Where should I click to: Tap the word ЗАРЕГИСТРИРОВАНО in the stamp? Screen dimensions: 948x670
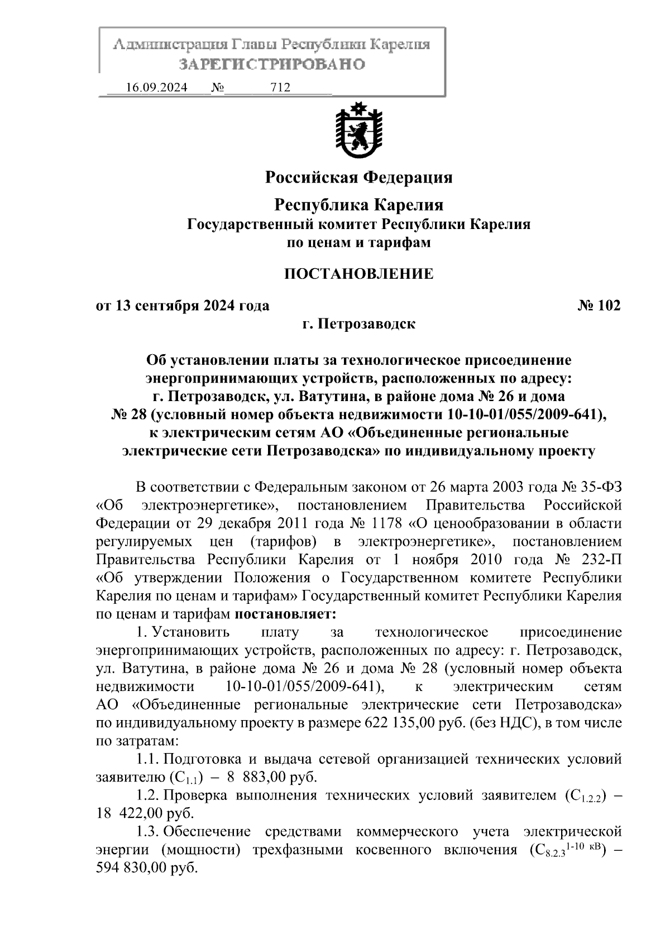coord(272,64)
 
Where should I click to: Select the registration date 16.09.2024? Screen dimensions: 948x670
coord(156,88)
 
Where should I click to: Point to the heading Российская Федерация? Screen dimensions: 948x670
coord(358,178)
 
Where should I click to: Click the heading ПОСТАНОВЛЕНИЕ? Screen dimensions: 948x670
coord(358,274)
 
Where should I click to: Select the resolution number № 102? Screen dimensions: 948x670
coord(598,306)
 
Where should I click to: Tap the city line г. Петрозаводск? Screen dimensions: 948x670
coord(358,324)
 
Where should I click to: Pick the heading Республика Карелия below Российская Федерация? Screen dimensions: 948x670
coord(358,205)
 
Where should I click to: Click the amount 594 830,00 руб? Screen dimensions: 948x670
coord(147,868)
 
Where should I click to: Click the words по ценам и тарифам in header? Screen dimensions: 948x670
coord(358,243)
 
